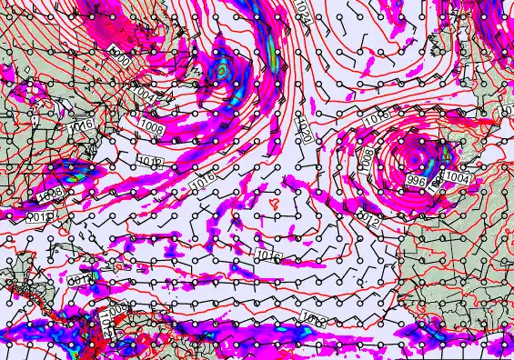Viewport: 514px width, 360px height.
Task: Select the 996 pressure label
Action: (x=417, y=182)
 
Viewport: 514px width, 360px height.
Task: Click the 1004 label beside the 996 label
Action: (x=458, y=179)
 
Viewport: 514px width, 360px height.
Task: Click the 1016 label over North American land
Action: (x=82, y=124)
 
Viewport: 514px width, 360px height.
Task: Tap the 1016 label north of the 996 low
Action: (x=378, y=120)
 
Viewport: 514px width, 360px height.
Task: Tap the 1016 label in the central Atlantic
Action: (x=267, y=255)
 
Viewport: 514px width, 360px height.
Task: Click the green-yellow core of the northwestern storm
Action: (x=220, y=69)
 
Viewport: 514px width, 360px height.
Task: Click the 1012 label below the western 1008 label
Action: (x=150, y=162)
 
